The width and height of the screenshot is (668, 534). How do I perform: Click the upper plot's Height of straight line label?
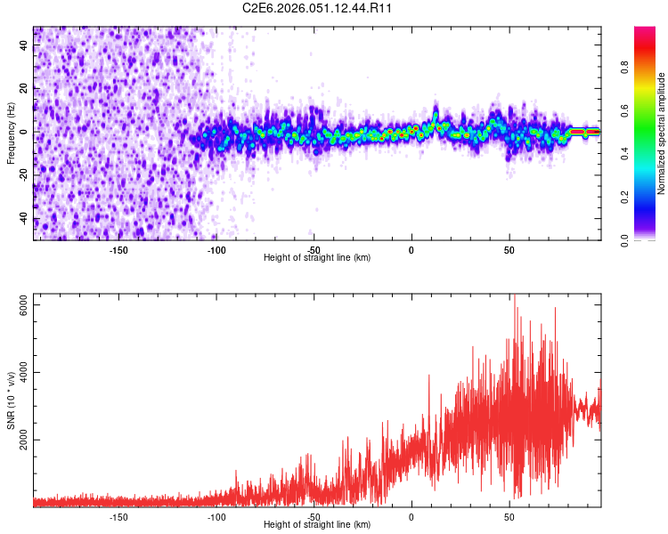317,257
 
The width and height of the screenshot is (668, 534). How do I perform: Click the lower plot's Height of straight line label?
317,524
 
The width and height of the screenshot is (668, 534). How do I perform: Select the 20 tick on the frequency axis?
24,89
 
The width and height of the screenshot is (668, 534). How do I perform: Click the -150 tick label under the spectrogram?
118,249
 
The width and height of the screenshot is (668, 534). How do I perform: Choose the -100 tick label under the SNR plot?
216,516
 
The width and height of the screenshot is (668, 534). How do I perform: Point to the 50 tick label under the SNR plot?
509,516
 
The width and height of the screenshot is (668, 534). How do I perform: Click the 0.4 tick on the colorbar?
623,153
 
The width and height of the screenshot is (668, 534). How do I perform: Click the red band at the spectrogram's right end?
585,132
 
